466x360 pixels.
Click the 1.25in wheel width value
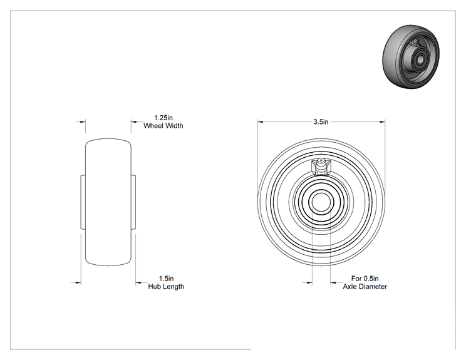163,118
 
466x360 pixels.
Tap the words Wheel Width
163,126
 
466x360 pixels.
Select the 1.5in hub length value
166,279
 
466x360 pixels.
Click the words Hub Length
166,287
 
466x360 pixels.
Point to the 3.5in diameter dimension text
321,122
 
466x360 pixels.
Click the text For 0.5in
365,279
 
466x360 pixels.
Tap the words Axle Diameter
365,287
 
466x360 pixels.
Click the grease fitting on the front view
321,167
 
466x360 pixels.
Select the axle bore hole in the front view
321,202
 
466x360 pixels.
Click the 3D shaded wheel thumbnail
411,56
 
